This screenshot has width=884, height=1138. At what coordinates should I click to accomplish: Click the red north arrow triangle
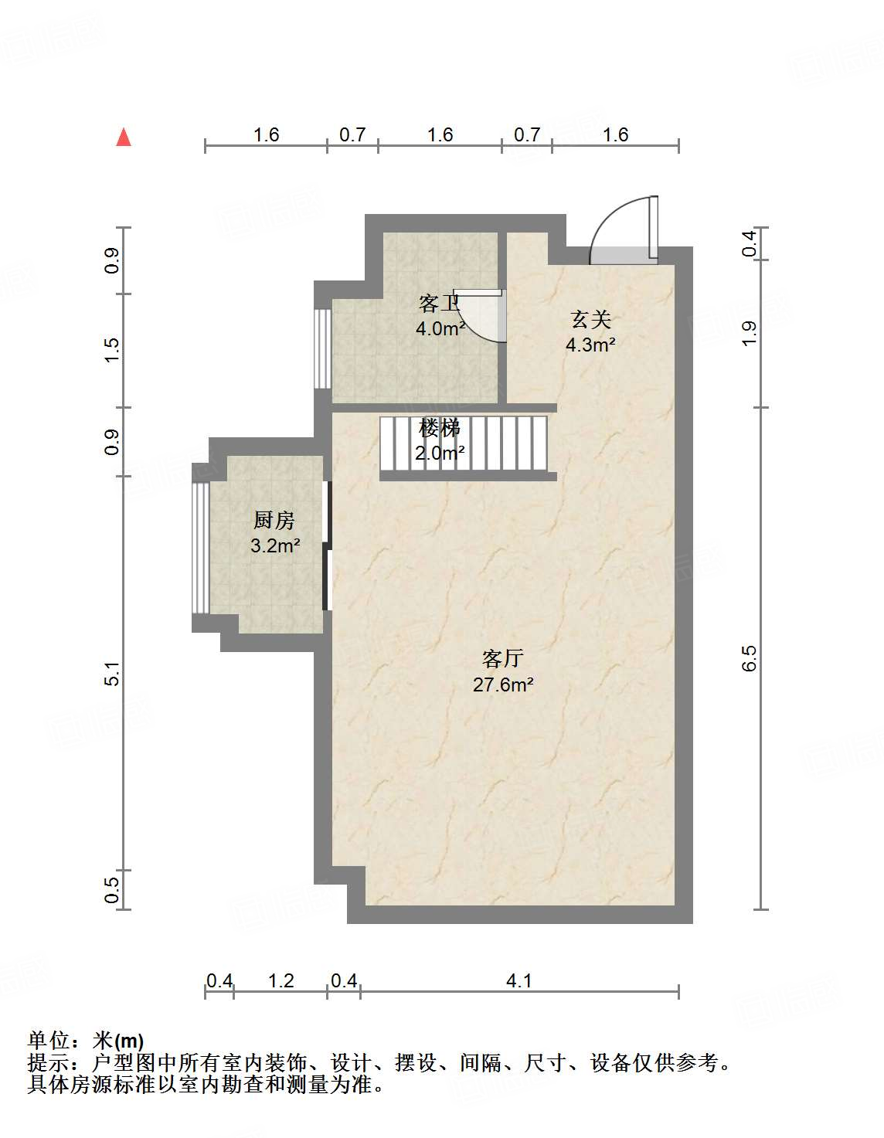(x=124, y=138)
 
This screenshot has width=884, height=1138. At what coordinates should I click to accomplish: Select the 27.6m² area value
(x=503, y=685)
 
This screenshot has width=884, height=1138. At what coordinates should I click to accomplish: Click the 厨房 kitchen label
(x=274, y=520)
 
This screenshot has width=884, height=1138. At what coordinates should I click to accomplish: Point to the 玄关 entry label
(x=590, y=319)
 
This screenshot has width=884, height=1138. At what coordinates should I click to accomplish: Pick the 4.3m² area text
(x=590, y=345)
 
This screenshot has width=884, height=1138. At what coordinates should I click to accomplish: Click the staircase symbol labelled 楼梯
(x=464, y=443)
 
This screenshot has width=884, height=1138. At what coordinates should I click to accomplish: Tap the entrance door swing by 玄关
(x=623, y=229)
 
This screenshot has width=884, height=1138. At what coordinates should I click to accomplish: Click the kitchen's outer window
(x=201, y=547)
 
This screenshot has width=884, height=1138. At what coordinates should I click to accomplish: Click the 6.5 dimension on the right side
(x=750, y=657)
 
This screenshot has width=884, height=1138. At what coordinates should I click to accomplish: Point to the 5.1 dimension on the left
(x=113, y=674)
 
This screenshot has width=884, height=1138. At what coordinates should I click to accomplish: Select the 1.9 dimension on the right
(x=750, y=333)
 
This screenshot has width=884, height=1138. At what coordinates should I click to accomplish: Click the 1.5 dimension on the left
(x=113, y=350)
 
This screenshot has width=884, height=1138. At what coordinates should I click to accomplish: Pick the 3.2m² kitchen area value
(x=275, y=545)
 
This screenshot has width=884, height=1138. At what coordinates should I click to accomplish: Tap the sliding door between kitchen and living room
(x=327, y=546)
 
